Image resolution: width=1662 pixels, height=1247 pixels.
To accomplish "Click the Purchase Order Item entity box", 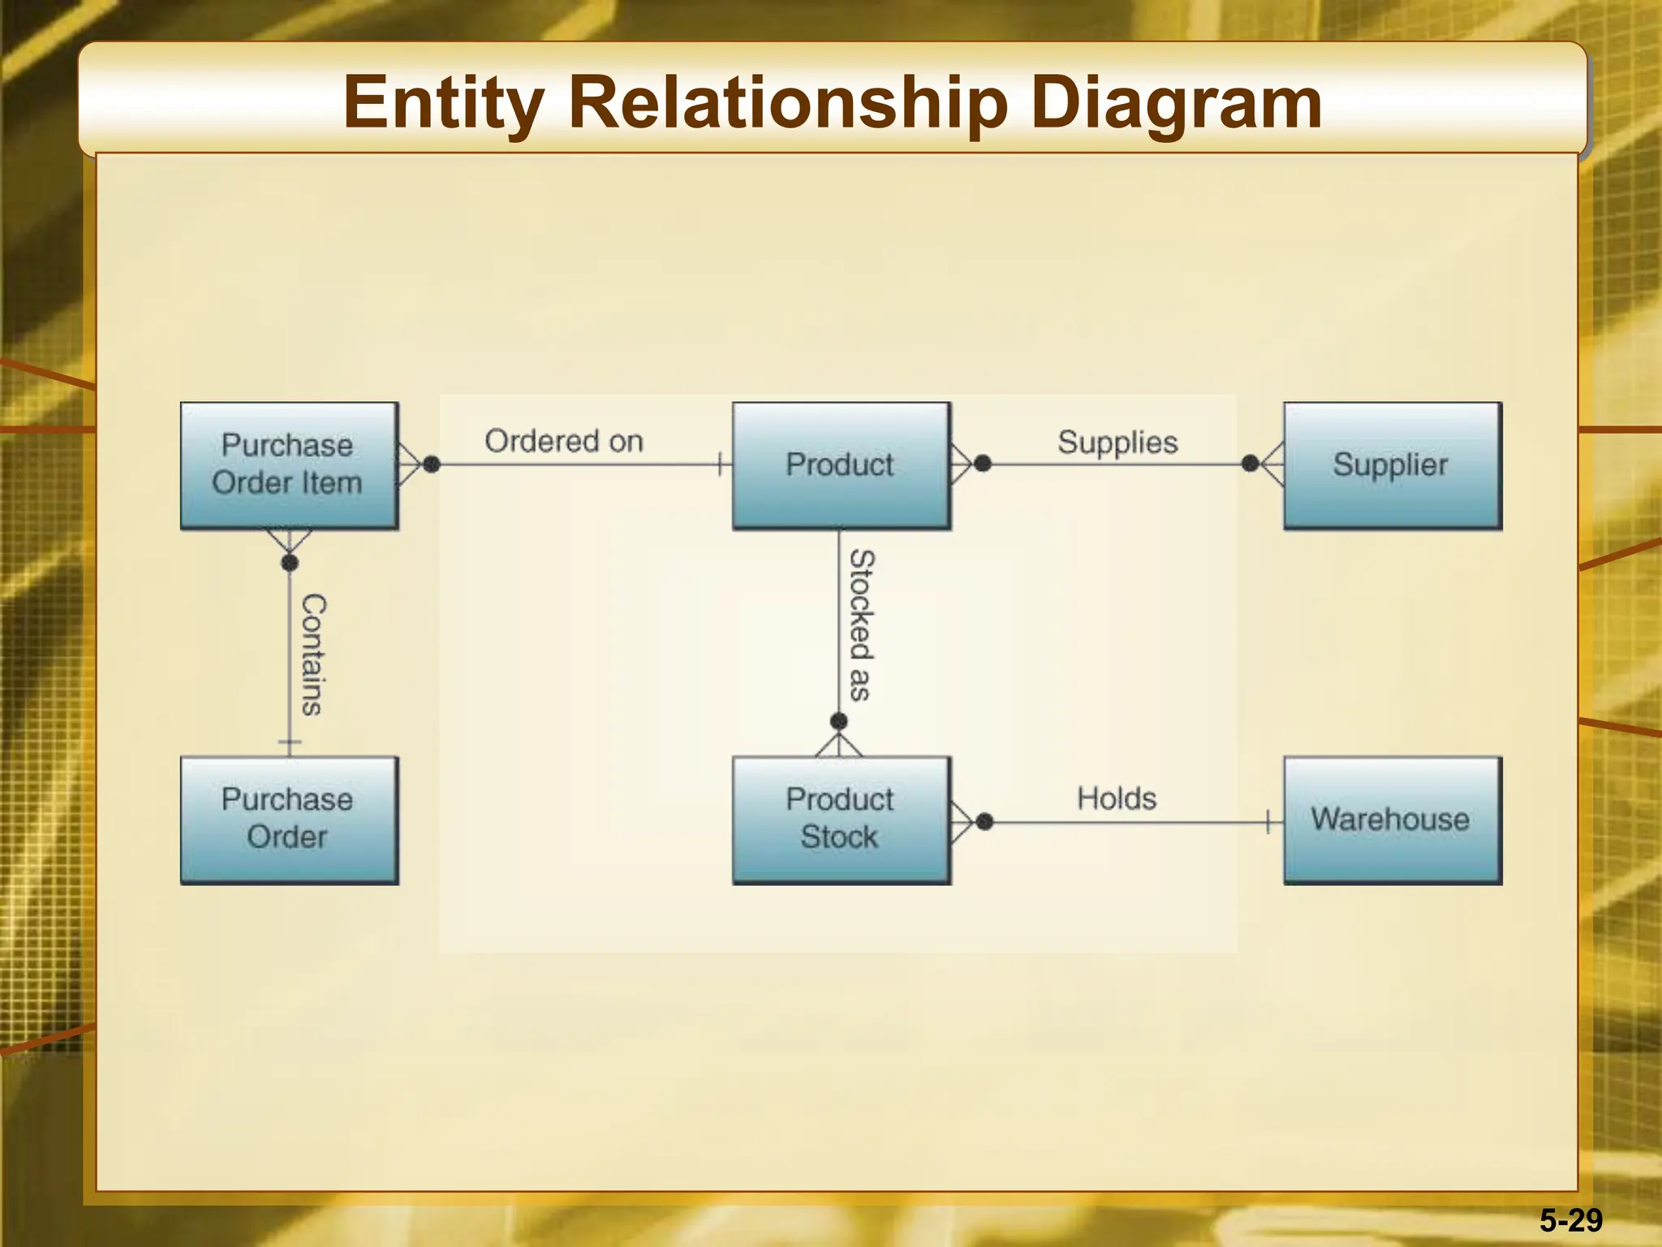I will click(289, 465).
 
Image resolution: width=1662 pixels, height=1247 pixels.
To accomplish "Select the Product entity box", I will click(841, 465).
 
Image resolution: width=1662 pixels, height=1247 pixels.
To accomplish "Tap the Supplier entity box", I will click(1393, 465).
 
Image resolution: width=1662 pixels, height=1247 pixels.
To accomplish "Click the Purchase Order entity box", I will click(289, 820).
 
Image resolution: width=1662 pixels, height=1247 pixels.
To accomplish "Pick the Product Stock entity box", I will click(841, 820).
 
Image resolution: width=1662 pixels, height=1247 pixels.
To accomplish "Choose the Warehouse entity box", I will click(1393, 820).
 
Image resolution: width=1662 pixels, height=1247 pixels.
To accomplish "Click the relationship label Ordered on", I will click(564, 442).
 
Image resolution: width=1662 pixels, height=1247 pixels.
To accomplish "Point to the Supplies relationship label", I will click(1117, 442).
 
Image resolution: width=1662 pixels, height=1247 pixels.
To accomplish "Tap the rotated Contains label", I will click(313, 654).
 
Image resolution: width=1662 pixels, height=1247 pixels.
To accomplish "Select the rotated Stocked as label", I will click(861, 625).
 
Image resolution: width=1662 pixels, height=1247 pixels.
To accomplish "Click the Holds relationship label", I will click(1117, 799).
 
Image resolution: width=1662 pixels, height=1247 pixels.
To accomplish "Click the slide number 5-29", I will click(1571, 1220).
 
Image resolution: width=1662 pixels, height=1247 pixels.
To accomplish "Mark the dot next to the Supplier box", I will click(1250, 464).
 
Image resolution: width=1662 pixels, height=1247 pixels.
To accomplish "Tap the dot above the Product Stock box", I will click(839, 721).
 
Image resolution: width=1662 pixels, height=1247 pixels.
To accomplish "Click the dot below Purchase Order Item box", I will click(290, 563).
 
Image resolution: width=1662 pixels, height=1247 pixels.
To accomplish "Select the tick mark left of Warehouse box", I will click(1268, 822).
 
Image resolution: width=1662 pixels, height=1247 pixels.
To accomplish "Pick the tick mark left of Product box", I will click(720, 464).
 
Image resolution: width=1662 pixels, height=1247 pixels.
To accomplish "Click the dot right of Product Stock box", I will click(984, 822).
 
